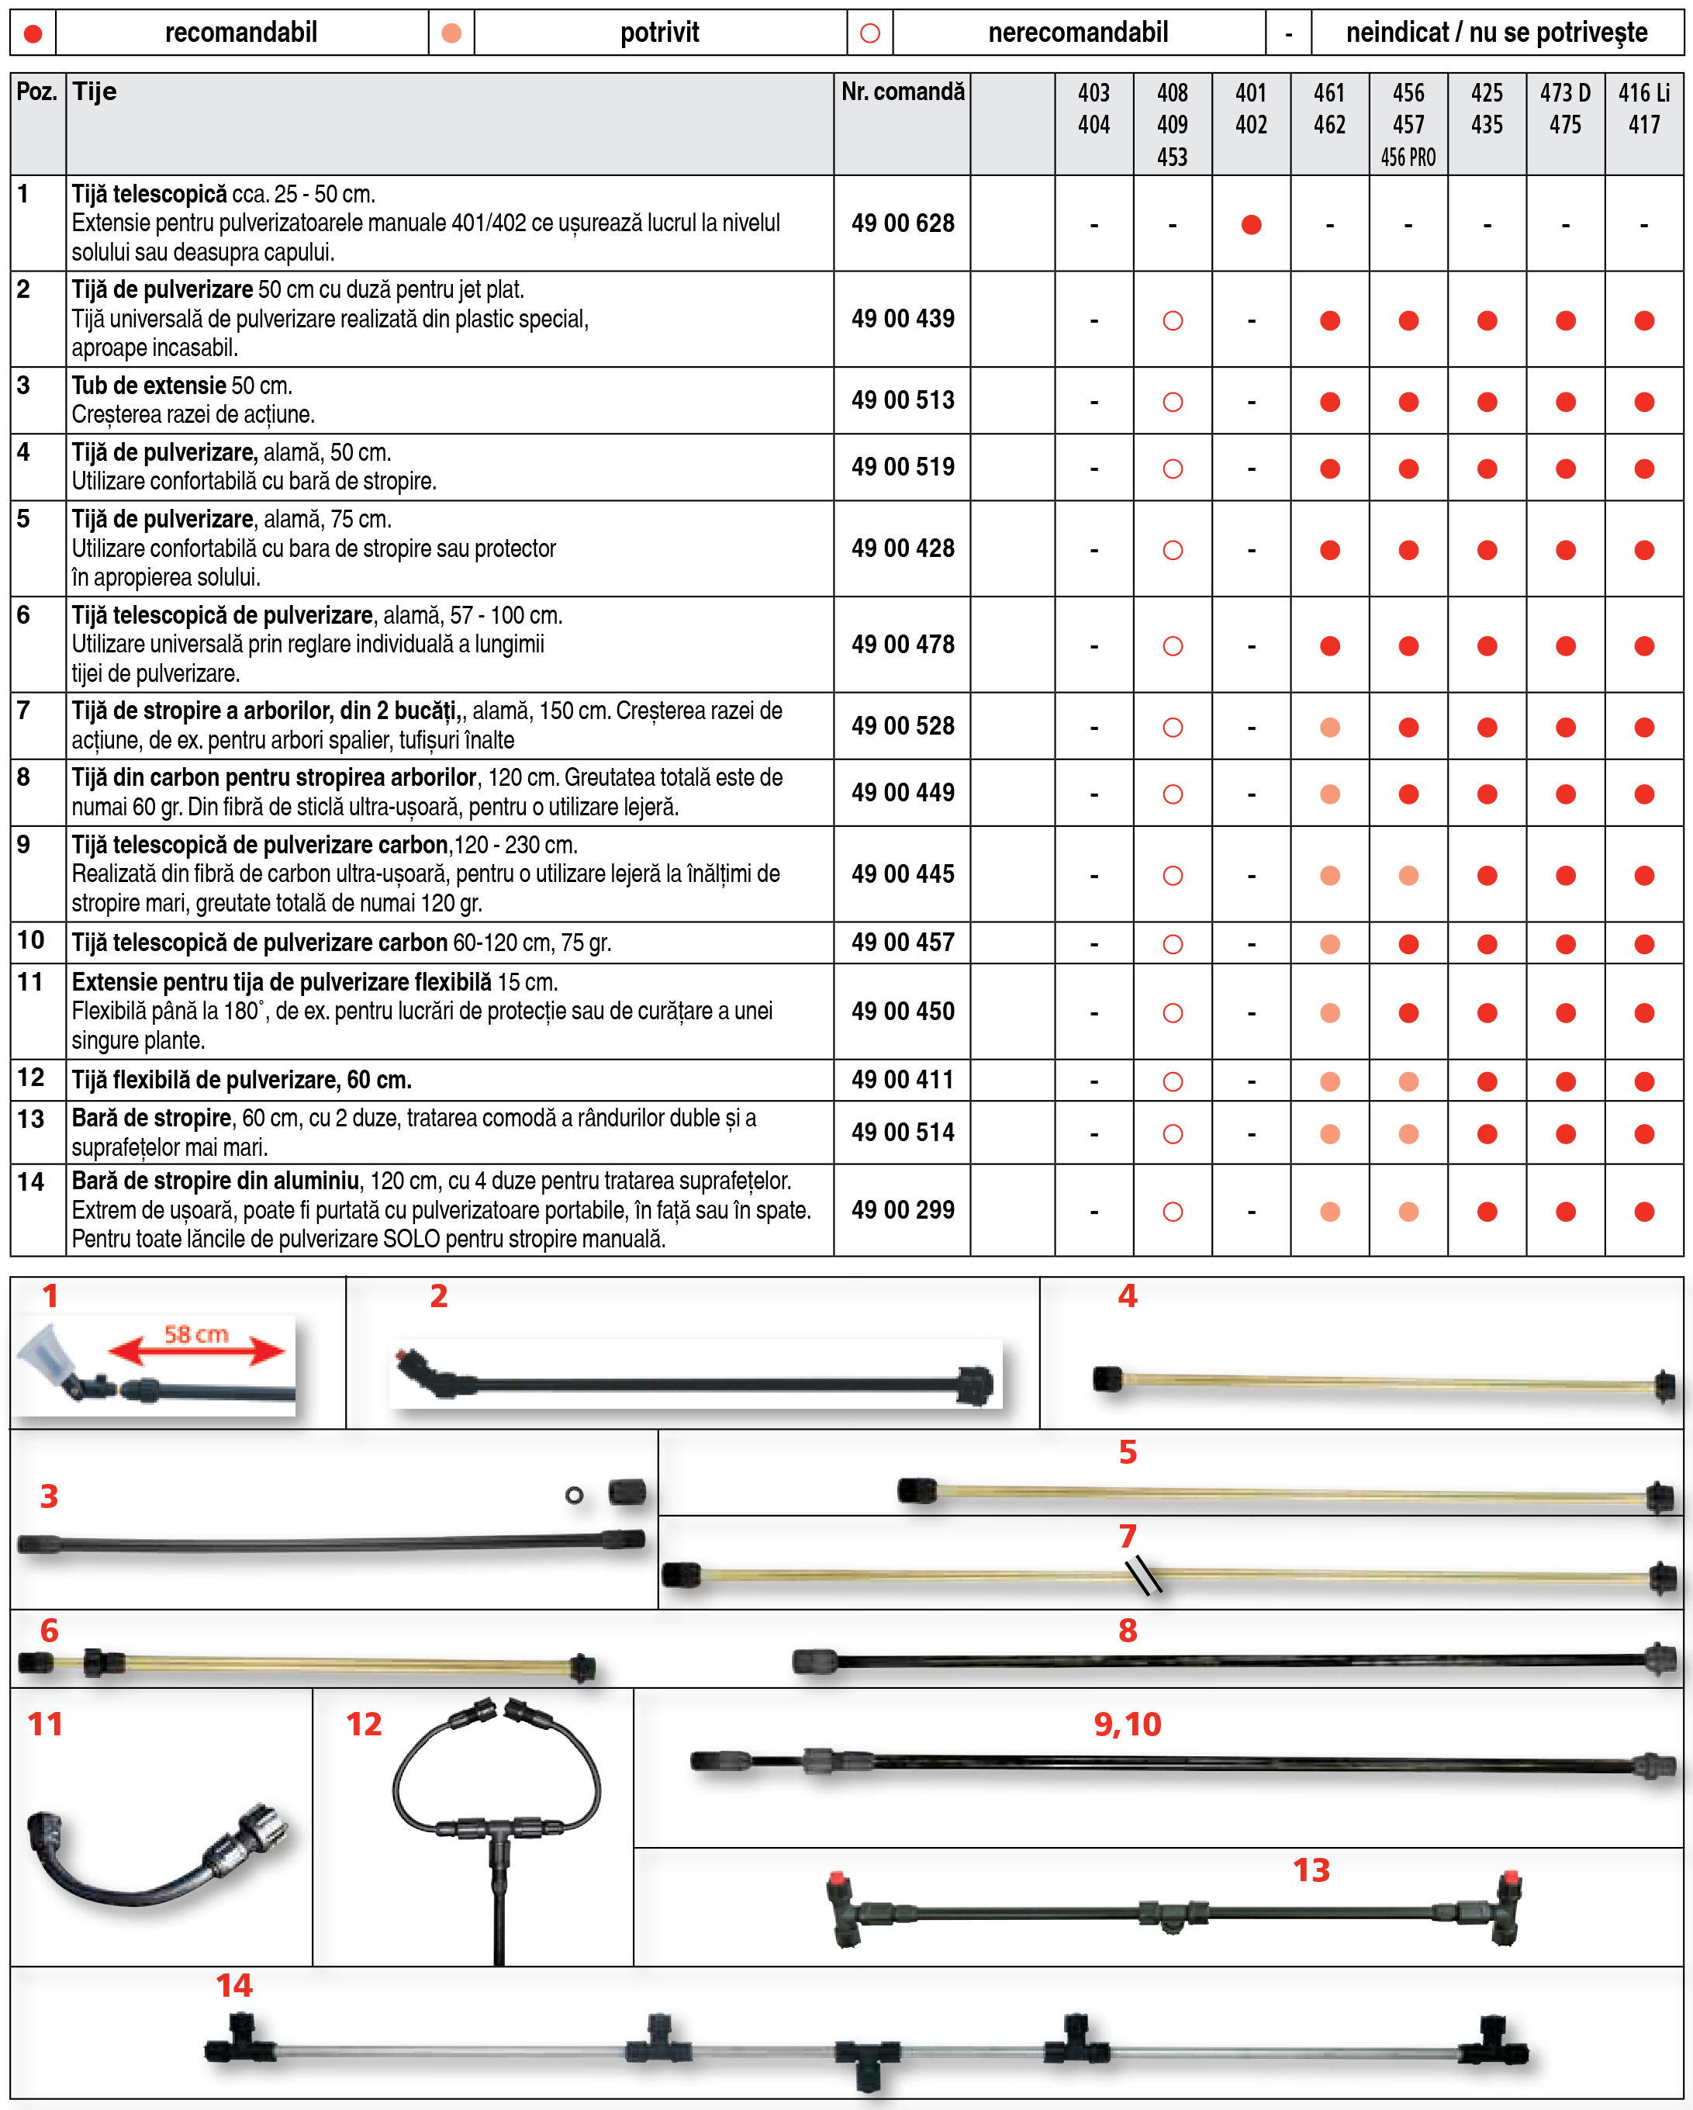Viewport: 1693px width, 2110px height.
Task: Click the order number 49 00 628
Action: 902,223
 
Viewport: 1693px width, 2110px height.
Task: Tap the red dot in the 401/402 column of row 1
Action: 1251,225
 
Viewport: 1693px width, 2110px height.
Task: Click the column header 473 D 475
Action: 1565,109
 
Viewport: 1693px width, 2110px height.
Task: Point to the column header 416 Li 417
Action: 1644,109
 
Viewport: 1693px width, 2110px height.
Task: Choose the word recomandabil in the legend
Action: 240,33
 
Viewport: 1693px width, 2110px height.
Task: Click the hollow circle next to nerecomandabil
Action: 870,33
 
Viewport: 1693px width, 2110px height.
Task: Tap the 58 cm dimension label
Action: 195,1334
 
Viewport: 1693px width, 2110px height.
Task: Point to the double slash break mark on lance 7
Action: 1143,1575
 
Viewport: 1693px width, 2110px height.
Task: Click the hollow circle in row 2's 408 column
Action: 1173,321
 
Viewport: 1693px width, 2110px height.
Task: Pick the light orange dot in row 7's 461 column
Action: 1329,727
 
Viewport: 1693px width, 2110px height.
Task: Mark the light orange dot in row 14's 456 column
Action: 1408,1212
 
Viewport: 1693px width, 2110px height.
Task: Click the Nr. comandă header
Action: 902,92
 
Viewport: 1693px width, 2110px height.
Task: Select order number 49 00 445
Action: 902,874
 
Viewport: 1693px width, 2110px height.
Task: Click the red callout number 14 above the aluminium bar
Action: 234,1985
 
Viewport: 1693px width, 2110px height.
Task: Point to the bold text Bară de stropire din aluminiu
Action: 216,1181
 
